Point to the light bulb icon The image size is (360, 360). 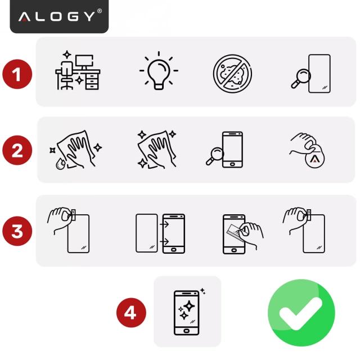click(x=158, y=71)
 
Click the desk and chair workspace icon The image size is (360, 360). click(x=77, y=72)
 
